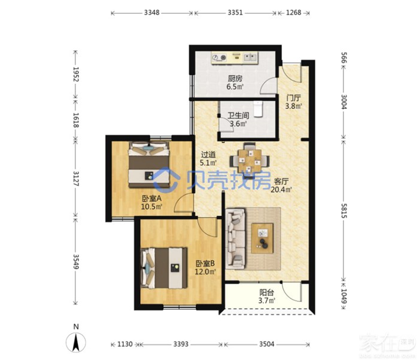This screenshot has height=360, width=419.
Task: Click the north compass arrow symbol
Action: click(76, 343)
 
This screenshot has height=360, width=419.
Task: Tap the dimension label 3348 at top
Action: click(151, 13)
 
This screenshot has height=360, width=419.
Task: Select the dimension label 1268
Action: click(293, 13)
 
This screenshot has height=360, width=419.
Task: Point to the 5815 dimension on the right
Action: click(344, 210)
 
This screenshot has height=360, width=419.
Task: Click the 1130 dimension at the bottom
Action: click(125, 344)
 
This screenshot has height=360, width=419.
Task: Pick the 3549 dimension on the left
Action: click(76, 261)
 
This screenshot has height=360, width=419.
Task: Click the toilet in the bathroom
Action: click(258, 109)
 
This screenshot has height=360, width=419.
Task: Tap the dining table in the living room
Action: click(250, 161)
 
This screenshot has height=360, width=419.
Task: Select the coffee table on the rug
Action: click(262, 238)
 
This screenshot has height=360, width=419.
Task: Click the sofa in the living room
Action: click(235, 239)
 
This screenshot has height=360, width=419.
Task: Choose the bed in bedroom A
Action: click(149, 164)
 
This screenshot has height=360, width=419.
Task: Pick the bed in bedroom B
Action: click(163, 268)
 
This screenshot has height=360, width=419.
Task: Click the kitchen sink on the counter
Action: click(250, 57)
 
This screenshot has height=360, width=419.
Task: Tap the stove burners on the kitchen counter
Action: click(219, 57)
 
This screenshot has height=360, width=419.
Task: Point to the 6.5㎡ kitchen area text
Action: click(235, 87)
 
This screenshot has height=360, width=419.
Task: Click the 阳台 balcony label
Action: click(266, 292)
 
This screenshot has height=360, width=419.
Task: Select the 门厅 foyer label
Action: click(293, 97)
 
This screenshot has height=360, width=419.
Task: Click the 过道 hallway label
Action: click(208, 154)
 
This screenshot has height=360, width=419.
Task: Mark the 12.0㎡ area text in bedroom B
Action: click(205, 272)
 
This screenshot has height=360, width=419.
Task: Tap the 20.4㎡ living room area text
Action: click(281, 190)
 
